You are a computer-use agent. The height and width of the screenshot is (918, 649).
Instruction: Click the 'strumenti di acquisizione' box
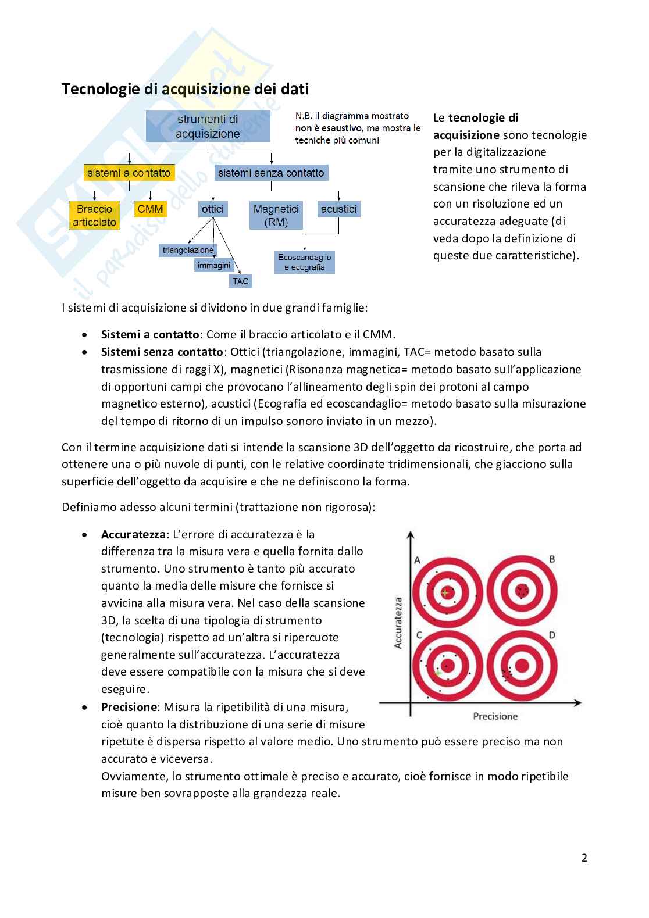[208, 127]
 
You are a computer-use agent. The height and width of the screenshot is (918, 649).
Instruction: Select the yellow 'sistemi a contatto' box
[129, 173]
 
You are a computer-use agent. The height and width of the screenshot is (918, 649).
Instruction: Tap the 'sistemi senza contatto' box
[271, 173]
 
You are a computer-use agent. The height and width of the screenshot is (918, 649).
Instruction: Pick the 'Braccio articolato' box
[94, 215]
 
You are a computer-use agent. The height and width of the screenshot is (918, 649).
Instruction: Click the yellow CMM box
[150, 209]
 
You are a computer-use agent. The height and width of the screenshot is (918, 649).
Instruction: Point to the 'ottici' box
[213, 209]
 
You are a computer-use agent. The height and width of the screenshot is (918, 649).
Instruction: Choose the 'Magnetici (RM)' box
[276, 215]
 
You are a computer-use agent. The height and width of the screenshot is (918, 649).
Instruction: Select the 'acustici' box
[338, 209]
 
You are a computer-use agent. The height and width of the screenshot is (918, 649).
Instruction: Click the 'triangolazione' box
[188, 250]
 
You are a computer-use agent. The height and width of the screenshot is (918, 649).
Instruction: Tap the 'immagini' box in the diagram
[214, 265]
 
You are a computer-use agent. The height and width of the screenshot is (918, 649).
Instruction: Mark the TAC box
[240, 281]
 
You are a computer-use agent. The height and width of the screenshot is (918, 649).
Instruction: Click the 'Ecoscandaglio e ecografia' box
[305, 262]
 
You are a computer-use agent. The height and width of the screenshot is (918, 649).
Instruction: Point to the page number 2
[584, 858]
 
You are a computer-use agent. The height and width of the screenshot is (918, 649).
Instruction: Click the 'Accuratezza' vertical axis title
[398, 623]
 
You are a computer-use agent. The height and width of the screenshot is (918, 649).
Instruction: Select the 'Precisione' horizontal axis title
[495, 716]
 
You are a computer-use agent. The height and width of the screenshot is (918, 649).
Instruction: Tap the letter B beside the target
[552, 559]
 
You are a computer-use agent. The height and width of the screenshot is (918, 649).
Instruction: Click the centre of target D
[522, 666]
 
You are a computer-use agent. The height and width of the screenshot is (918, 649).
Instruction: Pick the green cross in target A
[445, 592]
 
